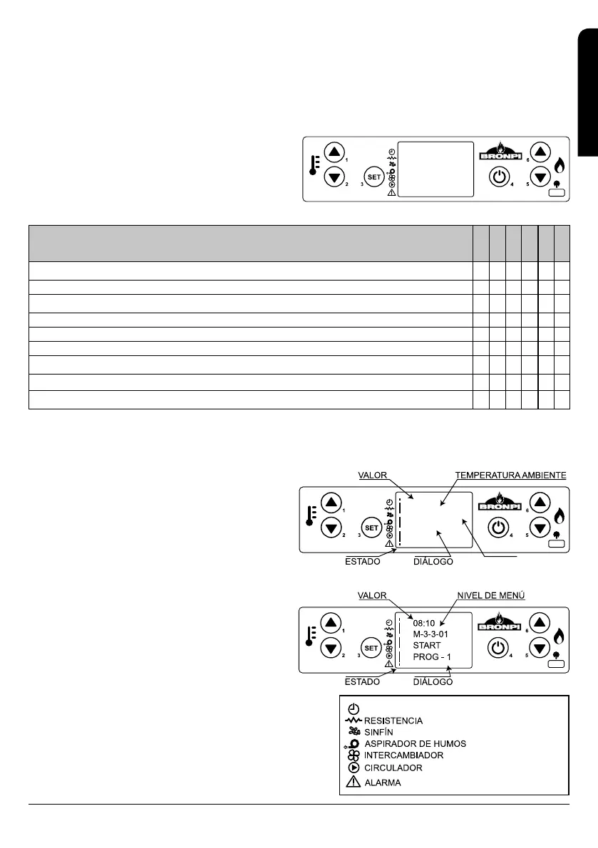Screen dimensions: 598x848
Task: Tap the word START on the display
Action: click(x=427, y=645)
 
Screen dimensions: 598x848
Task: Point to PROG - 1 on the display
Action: click(x=432, y=656)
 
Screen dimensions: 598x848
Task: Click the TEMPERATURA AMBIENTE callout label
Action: click(x=511, y=475)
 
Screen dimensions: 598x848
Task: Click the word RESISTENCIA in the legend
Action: click(x=393, y=721)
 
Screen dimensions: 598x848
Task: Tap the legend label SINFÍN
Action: click(x=380, y=732)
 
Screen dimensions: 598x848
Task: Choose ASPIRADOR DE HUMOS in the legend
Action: click(x=415, y=744)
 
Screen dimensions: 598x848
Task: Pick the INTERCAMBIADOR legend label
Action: click(x=403, y=755)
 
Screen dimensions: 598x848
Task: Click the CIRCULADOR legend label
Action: click(x=393, y=768)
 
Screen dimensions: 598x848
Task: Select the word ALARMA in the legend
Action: click(x=382, y=782)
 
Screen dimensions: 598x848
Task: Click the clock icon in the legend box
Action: click(x=354, y=708)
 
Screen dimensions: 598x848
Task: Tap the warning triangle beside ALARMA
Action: click(x=353, y=782)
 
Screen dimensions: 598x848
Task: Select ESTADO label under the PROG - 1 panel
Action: click(x=362, y=681)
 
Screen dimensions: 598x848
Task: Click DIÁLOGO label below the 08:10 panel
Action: click(x=433, y=681)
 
